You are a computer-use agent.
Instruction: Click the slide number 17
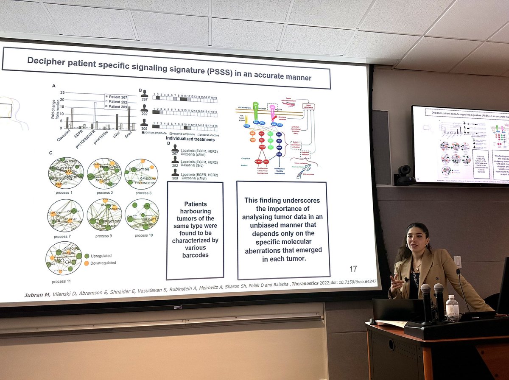[352, 268]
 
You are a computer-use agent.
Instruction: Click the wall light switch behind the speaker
[457, 261]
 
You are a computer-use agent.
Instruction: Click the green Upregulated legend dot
[87, 256]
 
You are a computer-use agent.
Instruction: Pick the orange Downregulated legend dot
[87, 263]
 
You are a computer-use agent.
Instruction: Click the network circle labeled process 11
[64, 258]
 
